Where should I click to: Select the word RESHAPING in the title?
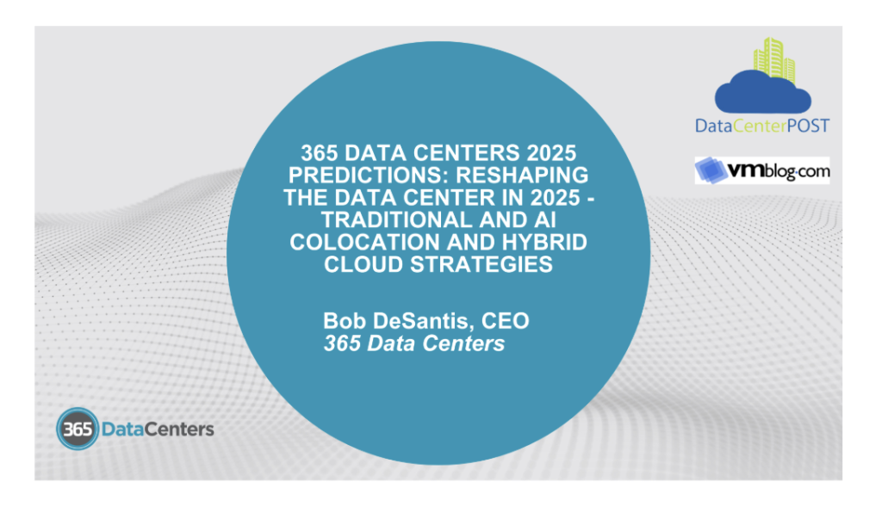tap(523, 176)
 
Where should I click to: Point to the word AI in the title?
tap(545, 219)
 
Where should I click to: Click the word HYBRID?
tap(545, 242)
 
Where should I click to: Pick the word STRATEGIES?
tap(481, 264)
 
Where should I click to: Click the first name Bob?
tap(345, 321)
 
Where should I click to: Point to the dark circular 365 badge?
tap(78, 429)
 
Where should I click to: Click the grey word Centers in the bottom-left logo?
tap(179, 430)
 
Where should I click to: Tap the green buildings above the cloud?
tap(774, 59)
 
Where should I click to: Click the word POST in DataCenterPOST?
tap(808, 126)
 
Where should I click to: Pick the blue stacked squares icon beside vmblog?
tap(711, 170)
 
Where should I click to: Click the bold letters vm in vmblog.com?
tap(746, 170)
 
